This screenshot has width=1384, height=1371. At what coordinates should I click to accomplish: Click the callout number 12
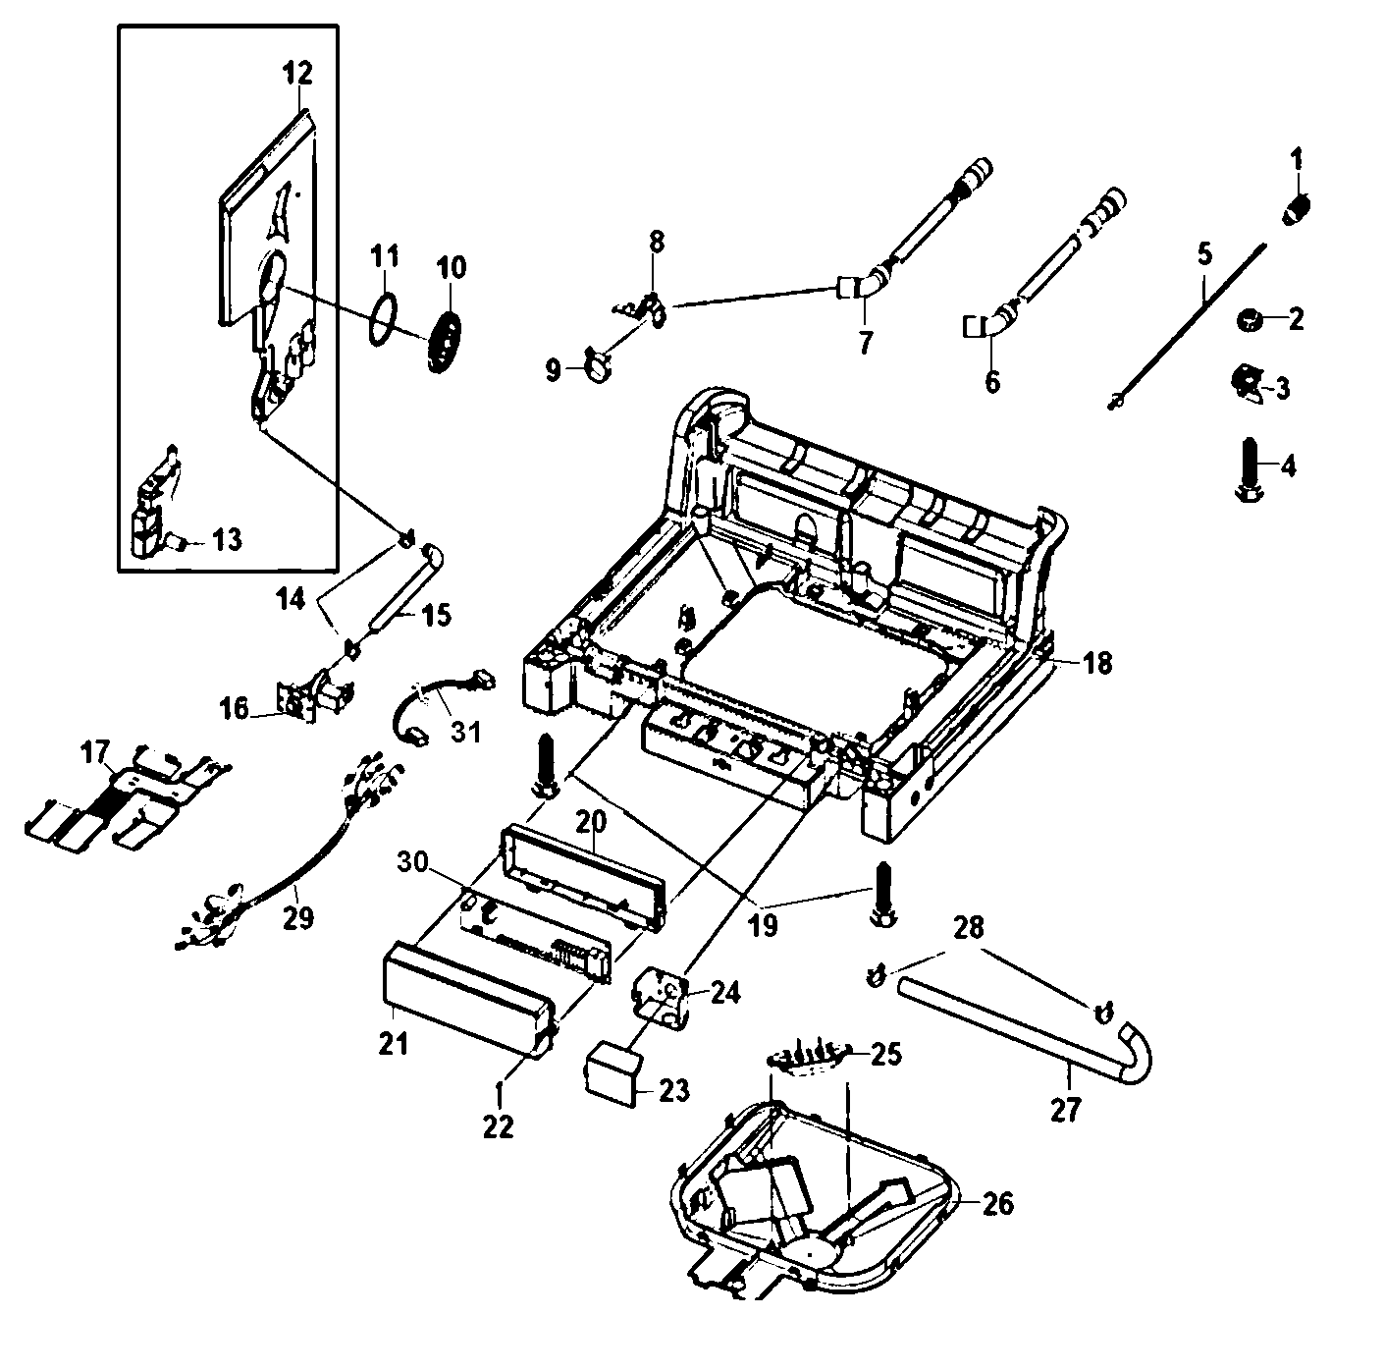point(297,73)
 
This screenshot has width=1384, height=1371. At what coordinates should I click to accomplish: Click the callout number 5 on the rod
point(1204,254)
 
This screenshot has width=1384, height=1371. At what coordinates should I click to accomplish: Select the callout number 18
point(1098,663)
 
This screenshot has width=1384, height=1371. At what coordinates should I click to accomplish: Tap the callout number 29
point(298,918)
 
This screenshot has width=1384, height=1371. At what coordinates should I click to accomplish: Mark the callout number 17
point(95,754)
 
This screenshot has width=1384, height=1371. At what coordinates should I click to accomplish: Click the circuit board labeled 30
point(535,938)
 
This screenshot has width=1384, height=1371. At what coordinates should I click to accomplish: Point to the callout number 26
point(997,1203)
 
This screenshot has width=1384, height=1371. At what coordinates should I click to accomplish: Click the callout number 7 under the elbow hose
point(865,345)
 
